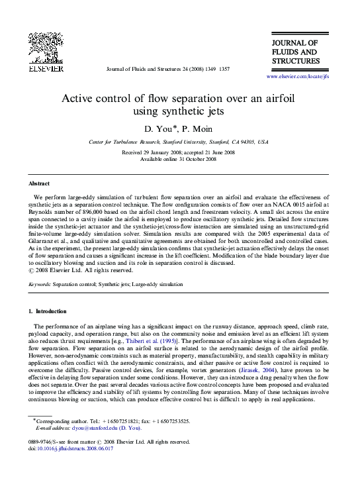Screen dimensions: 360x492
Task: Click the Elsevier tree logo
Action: [45, 48]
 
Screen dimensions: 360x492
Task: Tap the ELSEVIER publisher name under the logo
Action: [45, 68]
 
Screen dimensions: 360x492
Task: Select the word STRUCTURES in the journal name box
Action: [296, 62]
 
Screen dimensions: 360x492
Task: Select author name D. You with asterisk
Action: [164, 127]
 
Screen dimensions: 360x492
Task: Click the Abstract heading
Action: [39, 183]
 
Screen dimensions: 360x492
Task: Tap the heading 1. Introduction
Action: [48, 311]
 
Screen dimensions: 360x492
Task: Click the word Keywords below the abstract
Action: [40, 284]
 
